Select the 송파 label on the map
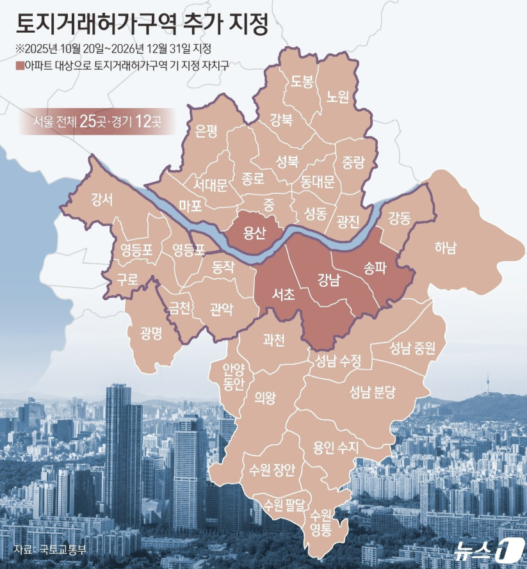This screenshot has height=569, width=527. [x=375, y=268]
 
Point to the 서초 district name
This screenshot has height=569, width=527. [x=282, y=295]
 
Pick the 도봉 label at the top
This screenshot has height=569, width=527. [x=302, y=81]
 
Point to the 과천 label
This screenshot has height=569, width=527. [x=273, y=340]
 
